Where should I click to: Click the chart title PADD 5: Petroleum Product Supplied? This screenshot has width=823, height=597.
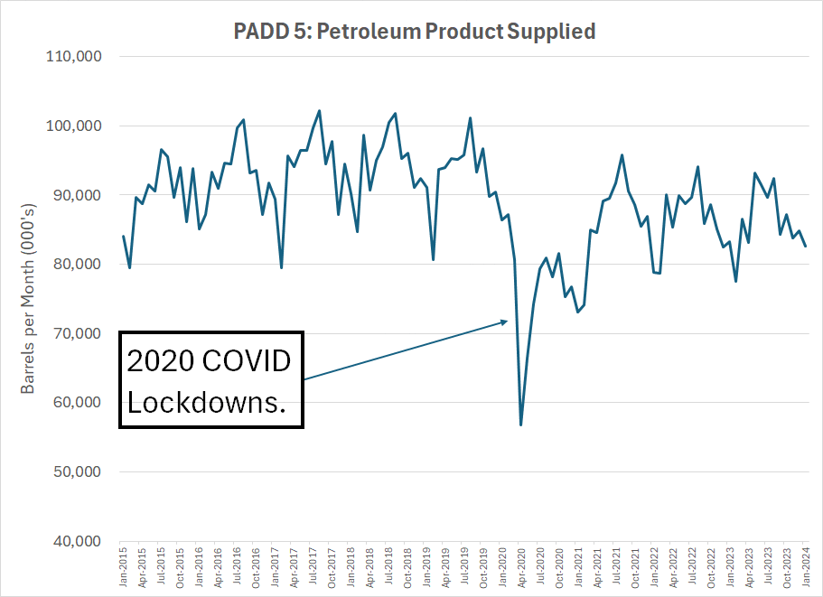[415, 31]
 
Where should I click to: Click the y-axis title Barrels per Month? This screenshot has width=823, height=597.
[28, 298]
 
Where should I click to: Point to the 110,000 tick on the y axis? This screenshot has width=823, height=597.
[75, 56]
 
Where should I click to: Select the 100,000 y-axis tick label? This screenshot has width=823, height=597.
[75, 126]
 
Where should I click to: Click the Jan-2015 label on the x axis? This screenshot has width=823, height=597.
[124, 566]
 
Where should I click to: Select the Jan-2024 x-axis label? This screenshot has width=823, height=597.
[806, 566]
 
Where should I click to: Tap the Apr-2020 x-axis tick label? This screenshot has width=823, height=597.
[521, 566]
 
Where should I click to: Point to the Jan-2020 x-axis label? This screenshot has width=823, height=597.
[502, 566]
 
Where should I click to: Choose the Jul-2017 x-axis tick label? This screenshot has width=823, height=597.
[313, 566]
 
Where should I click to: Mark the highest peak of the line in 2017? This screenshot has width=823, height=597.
[319, 111]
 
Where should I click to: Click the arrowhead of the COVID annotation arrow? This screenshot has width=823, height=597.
[506, 321]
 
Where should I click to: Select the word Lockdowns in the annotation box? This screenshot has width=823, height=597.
[207, 402]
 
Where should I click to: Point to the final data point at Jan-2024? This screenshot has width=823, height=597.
[806, 247]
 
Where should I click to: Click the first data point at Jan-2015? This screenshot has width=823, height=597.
[124, 236]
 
